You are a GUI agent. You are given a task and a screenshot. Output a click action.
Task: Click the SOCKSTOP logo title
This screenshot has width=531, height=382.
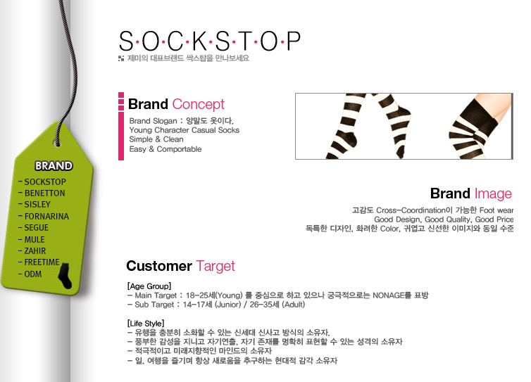210,42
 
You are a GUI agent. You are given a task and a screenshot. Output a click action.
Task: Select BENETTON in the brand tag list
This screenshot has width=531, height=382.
44,193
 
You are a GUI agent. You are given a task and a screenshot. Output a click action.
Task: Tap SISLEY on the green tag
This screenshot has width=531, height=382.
37,204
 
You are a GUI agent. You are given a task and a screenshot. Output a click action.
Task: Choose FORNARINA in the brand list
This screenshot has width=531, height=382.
46,216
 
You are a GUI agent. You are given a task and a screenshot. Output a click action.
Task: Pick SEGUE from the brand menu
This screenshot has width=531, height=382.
37,228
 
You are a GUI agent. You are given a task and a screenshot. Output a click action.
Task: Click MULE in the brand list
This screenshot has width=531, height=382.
35,240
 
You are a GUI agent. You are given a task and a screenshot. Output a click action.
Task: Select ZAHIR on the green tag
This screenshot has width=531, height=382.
35,251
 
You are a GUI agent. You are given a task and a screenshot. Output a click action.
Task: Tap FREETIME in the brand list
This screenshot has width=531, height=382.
42,262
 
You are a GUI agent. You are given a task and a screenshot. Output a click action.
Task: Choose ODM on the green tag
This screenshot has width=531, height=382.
33,274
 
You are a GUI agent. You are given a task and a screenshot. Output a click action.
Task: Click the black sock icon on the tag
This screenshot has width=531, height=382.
65,276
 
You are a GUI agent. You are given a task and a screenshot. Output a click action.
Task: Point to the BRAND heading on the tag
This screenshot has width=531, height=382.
54,166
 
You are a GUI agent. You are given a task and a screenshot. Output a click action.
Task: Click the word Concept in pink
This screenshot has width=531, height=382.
198,104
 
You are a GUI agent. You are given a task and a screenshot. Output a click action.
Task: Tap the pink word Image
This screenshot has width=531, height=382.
493,193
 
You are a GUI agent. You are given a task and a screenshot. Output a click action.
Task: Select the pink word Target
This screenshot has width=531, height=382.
215,266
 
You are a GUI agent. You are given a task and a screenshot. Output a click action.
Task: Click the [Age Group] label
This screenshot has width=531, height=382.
149,286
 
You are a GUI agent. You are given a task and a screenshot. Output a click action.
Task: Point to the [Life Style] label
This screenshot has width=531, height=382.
146,324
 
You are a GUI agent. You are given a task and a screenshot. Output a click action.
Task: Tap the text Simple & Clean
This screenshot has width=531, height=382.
156,139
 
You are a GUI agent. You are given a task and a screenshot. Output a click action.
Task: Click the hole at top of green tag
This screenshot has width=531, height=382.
57,143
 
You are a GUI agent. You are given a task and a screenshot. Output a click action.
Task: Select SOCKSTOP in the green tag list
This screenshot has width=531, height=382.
45,182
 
